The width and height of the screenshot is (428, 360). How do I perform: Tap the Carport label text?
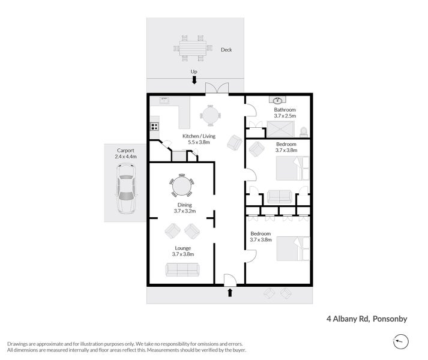coord(125,153)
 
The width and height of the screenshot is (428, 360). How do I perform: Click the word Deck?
coord(226,50)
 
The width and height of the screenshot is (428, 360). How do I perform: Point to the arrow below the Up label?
coord(194,80)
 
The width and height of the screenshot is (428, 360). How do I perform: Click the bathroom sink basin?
coord(279,100)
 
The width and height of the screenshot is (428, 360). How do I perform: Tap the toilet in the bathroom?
coord(303,130)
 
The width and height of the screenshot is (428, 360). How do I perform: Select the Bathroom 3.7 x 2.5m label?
coord(285,113)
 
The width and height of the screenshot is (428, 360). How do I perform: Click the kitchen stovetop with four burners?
coord(154,126)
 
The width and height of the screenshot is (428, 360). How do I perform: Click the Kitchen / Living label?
coord(197,139)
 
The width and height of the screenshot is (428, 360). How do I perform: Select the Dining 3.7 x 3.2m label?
coord(184,208)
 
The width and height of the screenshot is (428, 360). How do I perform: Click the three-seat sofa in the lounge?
coord(182,270)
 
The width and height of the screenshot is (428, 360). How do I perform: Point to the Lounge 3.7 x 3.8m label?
coord(183,251)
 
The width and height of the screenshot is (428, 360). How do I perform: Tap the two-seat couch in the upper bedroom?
coord(279,196)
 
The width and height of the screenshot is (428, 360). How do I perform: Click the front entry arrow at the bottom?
coord(231,292)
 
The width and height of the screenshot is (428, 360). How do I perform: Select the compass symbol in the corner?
coord(402,341)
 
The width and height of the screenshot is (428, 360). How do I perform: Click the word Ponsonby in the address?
coord(390,319)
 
